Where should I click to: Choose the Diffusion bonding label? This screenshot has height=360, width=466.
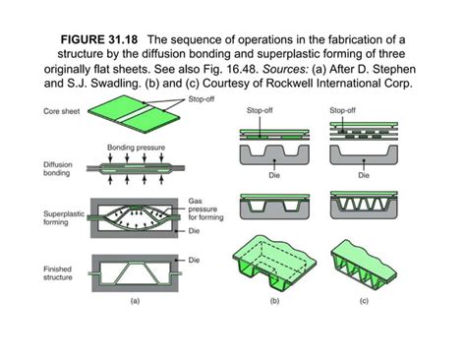click(x=58, y=170)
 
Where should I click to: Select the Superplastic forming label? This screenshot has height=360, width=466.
click(x=62, y=217)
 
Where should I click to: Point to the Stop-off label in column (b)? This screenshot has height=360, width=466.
click(x=262, y=110)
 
